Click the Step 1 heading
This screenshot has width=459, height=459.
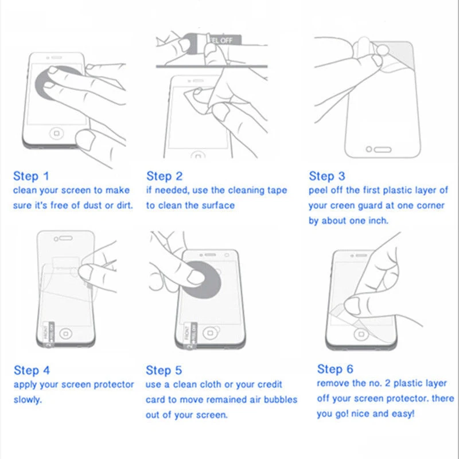(31, 176)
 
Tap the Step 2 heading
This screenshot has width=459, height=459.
(165, 176)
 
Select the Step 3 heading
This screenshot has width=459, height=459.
(327, 176)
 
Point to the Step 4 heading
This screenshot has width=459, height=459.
(32, 370)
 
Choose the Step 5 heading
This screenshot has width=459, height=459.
(164, 370)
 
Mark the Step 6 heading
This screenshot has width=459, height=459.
(335, 369)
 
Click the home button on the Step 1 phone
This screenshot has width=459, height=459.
(56, 134)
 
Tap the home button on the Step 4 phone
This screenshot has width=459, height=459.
(66, 334)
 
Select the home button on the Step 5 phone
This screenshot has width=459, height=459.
(210, 333)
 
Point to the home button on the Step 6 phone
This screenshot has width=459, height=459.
(360, 334)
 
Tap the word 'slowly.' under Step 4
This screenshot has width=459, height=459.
(28, 399)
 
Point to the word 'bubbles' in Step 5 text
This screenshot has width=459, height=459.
(281, 399)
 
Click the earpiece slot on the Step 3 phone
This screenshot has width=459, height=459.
(383, 150)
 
